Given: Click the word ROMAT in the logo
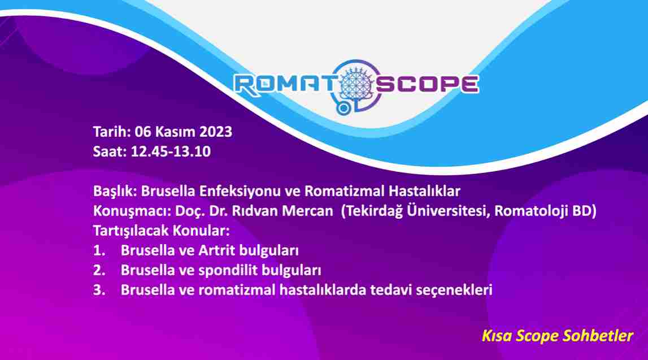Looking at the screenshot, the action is pyautogui.click(x=285, y=84).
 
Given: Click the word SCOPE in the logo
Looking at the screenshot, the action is pyautogui.click(x=427, y=84).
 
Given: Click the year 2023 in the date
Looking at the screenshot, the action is pyautogui.click(x=216, y=132).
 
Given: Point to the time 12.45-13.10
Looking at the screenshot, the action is pyautogui.click(x=171, y=151).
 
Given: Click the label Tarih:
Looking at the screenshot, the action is pyautogui.click(x=112, y=132).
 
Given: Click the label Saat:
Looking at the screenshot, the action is pyautogui.click(x=110, y=151).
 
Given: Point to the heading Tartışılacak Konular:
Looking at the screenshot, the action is pyautogui.click(x=161, y=231).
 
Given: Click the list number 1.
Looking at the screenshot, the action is pyautogui.click(x=99, y=250).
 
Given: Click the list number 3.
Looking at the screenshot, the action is pyautogui.click(x=99, y=290).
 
